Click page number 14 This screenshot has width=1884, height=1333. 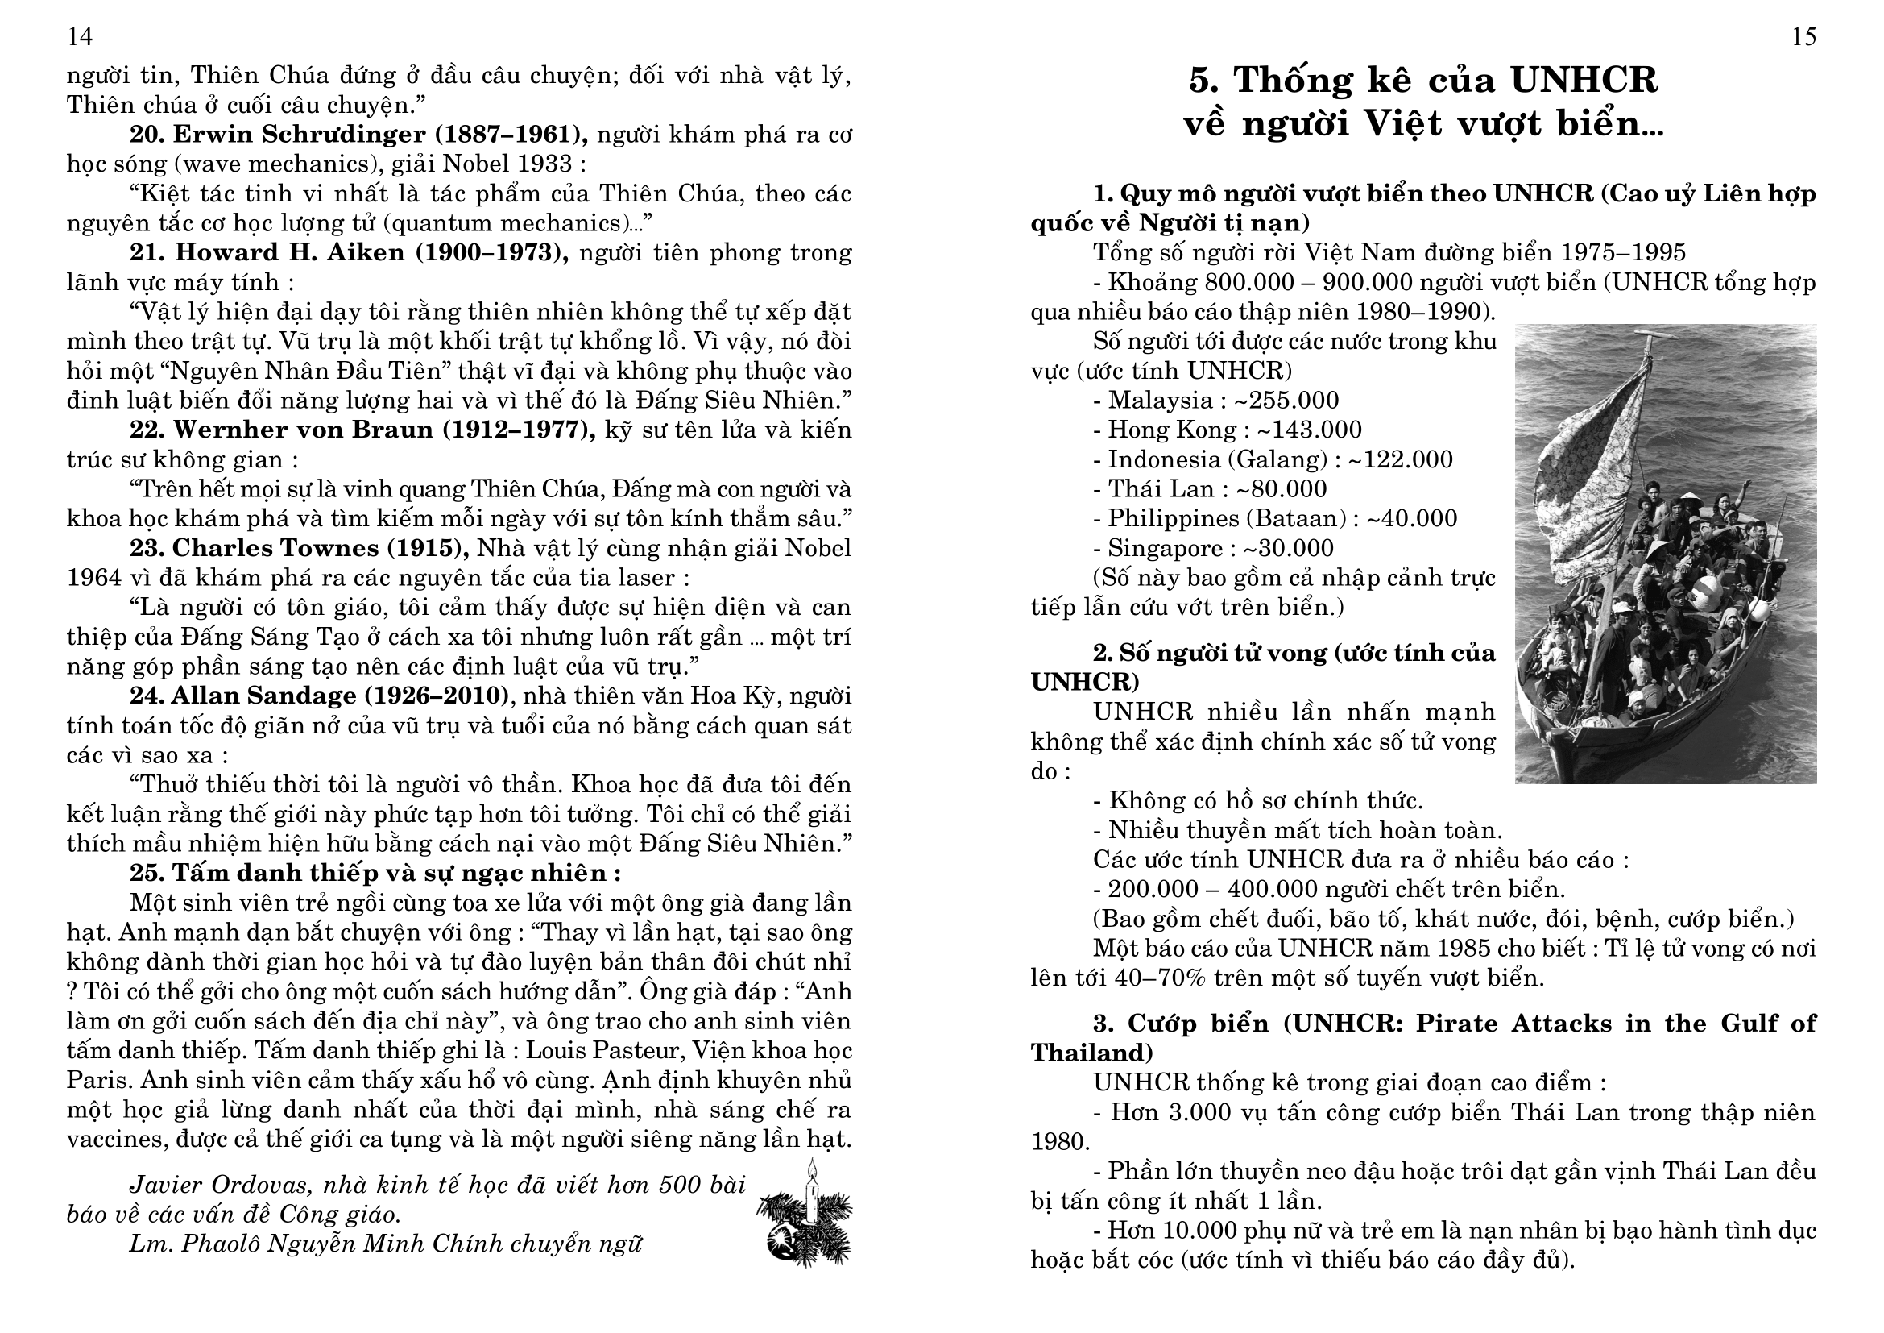(80, 37)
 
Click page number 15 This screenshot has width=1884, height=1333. (1803, 37)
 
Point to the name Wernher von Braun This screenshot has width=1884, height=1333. (303, 430)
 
